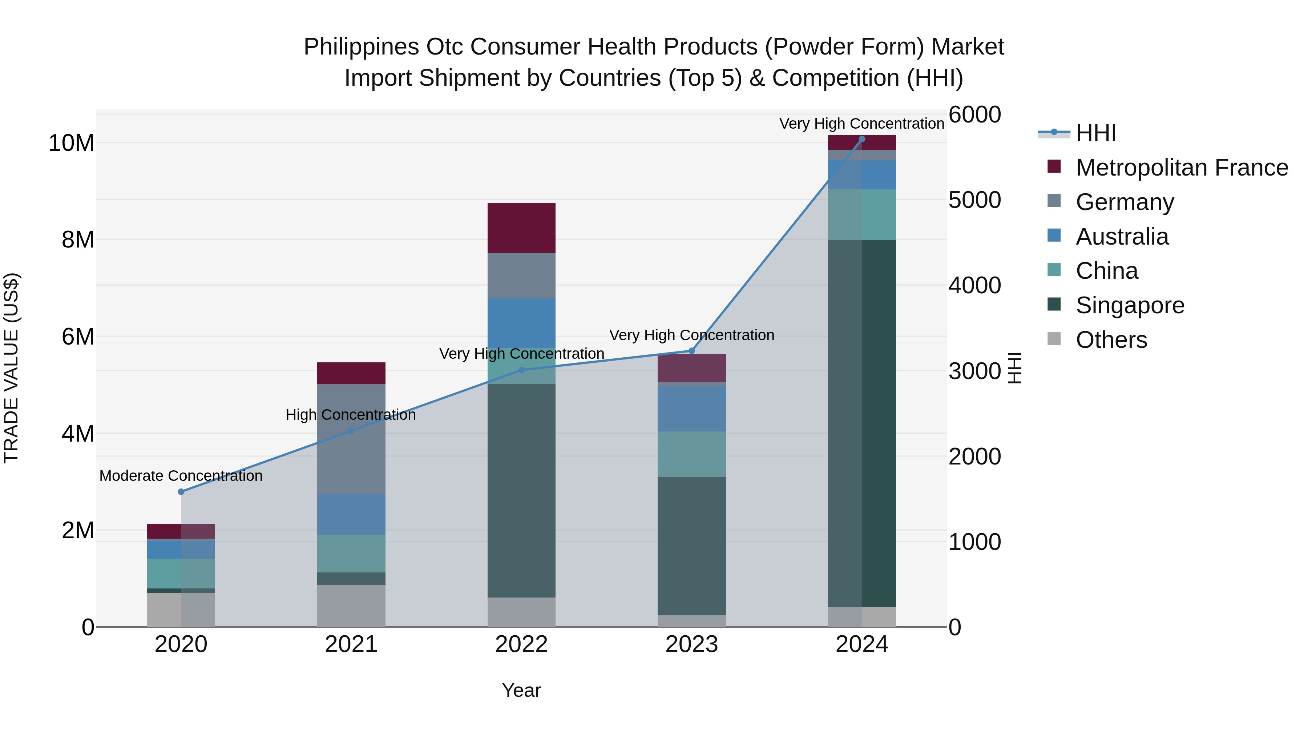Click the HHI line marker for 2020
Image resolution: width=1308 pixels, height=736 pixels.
181,492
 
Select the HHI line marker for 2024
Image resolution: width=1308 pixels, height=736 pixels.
862,139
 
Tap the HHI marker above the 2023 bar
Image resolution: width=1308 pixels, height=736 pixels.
691,351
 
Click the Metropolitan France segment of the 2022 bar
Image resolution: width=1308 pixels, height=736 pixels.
521,228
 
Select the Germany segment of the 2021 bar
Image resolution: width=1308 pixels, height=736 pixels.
351,439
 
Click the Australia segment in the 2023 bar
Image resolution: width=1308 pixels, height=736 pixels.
691,409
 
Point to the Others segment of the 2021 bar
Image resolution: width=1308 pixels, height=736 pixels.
351,606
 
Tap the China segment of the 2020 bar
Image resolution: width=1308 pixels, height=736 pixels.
181,574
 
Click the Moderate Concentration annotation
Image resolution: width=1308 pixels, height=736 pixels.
181,476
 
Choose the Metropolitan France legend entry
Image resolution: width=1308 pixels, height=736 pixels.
1181,168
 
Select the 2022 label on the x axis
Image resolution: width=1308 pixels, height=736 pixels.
521,645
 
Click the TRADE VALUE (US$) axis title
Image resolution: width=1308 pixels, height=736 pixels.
11,368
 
